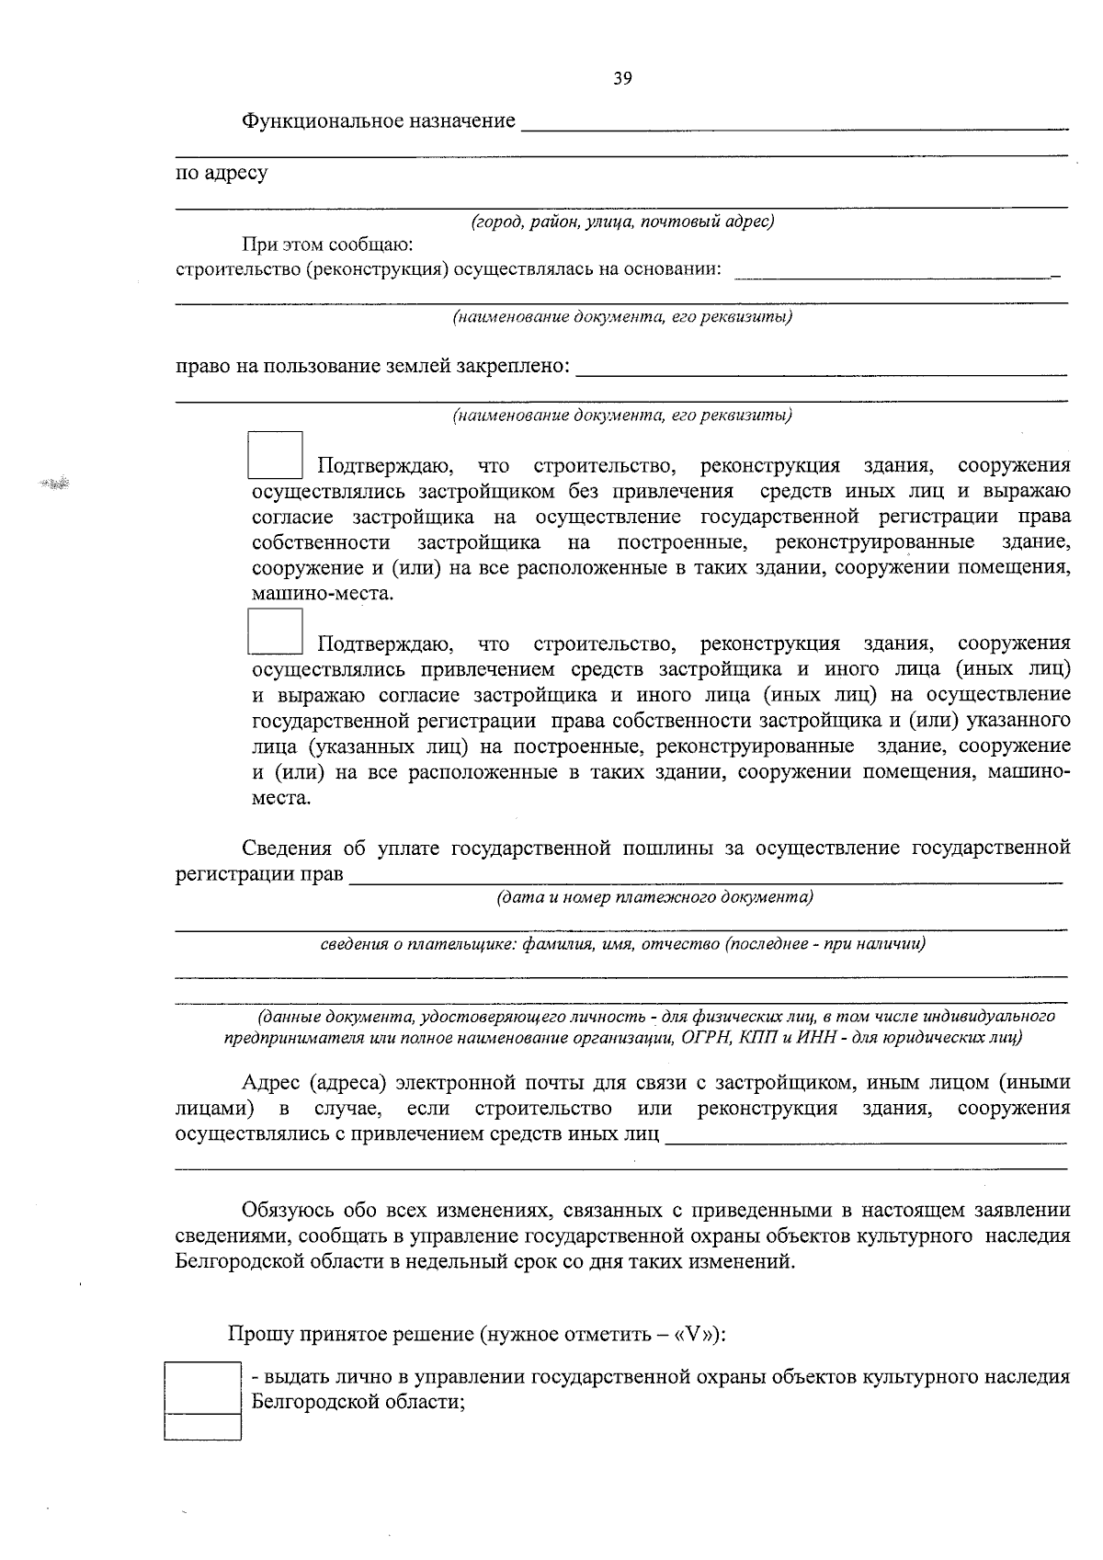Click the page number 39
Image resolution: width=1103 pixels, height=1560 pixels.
tap(622, 79)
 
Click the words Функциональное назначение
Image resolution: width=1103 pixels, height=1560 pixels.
tap(378, 121)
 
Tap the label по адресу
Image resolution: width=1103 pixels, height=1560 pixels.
tap(222, 173)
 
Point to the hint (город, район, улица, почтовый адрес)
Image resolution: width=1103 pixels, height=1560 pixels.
tap(622, 222)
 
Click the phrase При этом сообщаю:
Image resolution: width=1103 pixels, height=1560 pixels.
tap(327, 245)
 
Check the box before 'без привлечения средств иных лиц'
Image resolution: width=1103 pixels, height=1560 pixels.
tap(275, 455)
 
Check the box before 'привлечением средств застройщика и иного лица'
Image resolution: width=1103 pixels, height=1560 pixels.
tap(275, 632)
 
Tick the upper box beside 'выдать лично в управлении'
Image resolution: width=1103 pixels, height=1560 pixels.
tap(202, 1387)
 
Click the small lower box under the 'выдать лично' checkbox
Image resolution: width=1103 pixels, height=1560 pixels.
tap(202, 1427)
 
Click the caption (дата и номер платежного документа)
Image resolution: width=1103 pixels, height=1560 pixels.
tap(654, 897)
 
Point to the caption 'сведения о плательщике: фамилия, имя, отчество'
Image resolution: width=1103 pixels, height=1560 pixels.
tap(622, 944)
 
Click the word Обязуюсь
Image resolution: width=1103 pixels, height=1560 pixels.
tap(285, 1210)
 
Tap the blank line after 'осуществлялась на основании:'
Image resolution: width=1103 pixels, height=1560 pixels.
tap(896, 272)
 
